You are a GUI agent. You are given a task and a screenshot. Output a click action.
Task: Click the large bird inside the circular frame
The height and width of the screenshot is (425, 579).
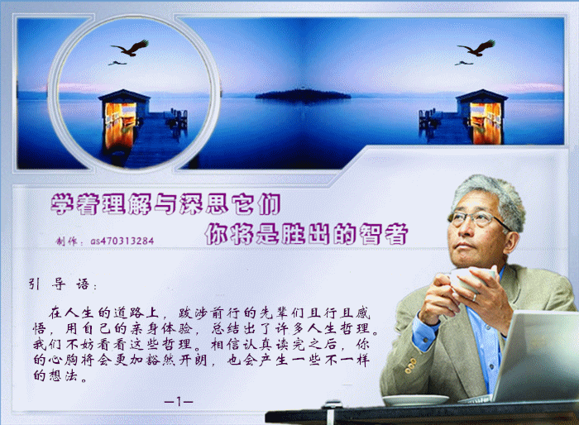[x=131, y=48]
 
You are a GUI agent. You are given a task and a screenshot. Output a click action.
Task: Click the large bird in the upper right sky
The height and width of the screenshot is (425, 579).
[x=477, y=48]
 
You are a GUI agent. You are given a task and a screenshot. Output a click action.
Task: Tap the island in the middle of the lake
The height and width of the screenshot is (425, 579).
[x=303, y=95]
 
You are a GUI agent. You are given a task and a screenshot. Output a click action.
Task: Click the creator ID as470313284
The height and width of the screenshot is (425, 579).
[x=122, y=241]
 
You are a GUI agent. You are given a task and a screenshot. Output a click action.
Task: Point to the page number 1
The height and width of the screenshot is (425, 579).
[x=179, y=401]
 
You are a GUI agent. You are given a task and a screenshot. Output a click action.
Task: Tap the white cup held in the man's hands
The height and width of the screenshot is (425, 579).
[x=468, y=279]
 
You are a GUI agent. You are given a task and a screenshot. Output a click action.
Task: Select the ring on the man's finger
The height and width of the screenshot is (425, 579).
[x=475, y=298]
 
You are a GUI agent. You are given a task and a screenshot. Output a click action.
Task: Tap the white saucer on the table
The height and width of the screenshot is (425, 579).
[x=416, y=400]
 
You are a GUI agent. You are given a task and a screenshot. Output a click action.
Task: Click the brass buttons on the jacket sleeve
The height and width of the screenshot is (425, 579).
[x=410, y=365]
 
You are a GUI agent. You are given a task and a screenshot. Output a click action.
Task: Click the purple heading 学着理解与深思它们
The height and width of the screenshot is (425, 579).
[x=165, y=204]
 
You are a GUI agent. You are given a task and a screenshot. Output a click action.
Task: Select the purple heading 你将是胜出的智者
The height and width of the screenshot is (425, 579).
[x=306, y=233]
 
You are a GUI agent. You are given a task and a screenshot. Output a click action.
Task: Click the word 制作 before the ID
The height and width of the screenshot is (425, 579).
[x=66, y=241]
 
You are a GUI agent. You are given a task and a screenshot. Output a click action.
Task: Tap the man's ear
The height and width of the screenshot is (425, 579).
[x=511, y=241]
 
